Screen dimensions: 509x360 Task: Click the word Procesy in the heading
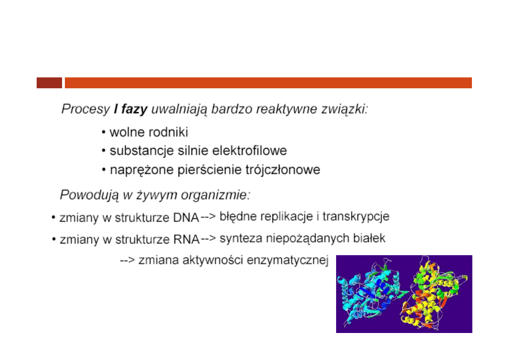(x=86, y=110)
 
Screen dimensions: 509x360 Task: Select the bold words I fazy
(x=131, y=110)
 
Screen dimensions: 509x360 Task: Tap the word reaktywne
(x=287, y=109)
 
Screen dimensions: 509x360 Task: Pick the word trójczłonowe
(x=283, y=170)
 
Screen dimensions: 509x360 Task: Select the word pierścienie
(x=209, y=170)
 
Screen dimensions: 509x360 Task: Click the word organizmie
(x=216, y=195)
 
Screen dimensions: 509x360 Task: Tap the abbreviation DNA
(x=186, y=218)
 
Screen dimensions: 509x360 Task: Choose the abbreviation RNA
(x=186, y=239)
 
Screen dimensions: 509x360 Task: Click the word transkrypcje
(x=356, y=217)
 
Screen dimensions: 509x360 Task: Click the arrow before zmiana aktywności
(x=127, y=260)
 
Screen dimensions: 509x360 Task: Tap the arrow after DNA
(x=208, y=216)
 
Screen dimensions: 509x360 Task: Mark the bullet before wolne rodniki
(x=104, y=132)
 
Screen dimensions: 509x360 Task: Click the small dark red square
(x=49, y=83)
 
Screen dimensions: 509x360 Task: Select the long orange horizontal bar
(x=268, y=83)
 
